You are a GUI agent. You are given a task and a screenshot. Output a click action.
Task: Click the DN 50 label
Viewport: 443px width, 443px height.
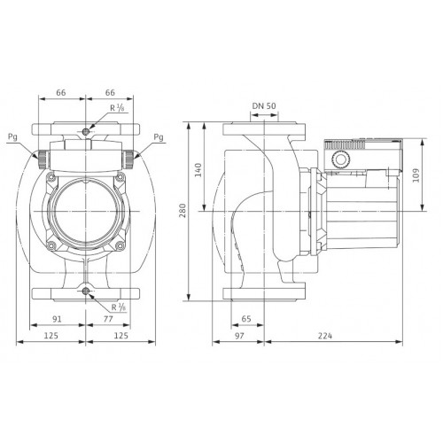tap(264, 106)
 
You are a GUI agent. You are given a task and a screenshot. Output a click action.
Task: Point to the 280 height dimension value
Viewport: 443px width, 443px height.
tap(183, 210)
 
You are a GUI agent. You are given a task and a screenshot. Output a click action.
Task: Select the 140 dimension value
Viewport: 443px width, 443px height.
tap(198, 170)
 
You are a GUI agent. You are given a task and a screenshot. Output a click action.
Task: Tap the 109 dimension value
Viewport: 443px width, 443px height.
tap(416, 175)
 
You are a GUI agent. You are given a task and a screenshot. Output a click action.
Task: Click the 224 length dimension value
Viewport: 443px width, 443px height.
tap(325, 336)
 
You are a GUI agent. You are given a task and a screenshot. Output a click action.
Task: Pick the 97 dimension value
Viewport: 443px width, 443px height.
tap(239, 336)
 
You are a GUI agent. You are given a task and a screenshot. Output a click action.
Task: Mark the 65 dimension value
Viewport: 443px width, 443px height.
tap(246, 319)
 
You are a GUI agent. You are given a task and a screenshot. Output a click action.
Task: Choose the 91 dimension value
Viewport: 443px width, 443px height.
tap(57, 319)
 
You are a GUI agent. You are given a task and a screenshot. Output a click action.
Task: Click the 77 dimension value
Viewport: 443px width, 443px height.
tap(108, 319)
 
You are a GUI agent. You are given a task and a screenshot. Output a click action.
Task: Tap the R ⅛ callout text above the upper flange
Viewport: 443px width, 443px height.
tap(117, 108)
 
